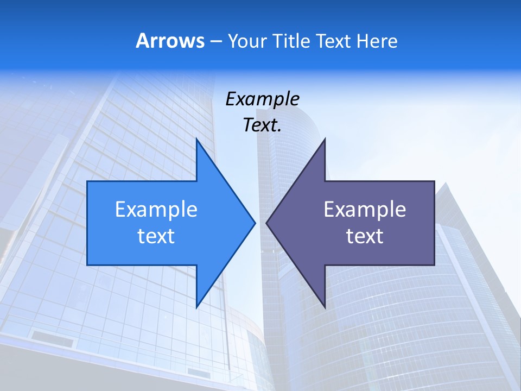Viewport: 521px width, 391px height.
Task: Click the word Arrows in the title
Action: [x=170, y=41]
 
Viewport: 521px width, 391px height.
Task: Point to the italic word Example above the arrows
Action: [x=262, y=99]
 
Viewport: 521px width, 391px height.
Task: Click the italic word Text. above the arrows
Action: [x=262, y=125]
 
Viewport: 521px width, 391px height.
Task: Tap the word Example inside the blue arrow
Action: [x=156, y=210]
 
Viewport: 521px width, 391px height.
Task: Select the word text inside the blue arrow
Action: [x=156, y=236]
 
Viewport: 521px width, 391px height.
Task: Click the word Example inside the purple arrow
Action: [x=365, y=210]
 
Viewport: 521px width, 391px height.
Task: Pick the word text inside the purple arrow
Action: [x=365, y=236]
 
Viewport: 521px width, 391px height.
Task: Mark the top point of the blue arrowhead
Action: [x=196, y=139]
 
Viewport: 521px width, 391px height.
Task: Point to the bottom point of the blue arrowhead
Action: [x=196, y=307]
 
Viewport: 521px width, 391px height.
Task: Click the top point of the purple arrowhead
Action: [x=325, y=139]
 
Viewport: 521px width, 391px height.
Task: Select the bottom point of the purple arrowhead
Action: [x=325, y=307]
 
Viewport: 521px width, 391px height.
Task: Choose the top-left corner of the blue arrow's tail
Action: [x=87, y=181]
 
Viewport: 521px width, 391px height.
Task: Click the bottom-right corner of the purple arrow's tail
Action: [x=434, y=265]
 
